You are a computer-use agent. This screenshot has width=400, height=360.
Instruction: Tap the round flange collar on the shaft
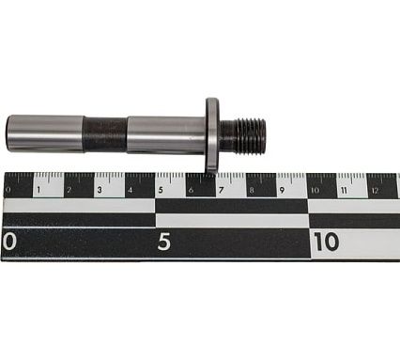pyautogui.click(x=212, y=133)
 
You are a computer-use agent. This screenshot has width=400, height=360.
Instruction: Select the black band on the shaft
pyautogui.click(x=104, y=134)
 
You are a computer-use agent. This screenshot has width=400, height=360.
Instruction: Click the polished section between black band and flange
pyautogui.click(x=164, y=134)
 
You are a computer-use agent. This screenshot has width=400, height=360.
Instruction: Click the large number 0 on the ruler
pyautogui.click(x=10, y=242)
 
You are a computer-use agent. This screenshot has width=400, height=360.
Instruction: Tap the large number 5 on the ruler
pyautogui.click(x=163, y=242)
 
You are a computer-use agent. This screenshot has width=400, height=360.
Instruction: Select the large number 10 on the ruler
pyautogui.click(x=325, y=242)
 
